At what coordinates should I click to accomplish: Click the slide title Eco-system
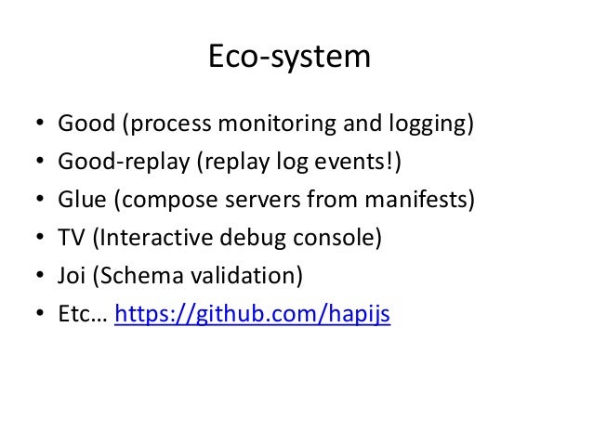point(288,58)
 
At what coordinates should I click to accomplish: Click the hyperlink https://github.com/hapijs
point(252,317)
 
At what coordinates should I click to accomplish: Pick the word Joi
point(72,277)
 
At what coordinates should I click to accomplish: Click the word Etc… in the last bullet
point(82,316)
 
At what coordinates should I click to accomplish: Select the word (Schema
point(133,277)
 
